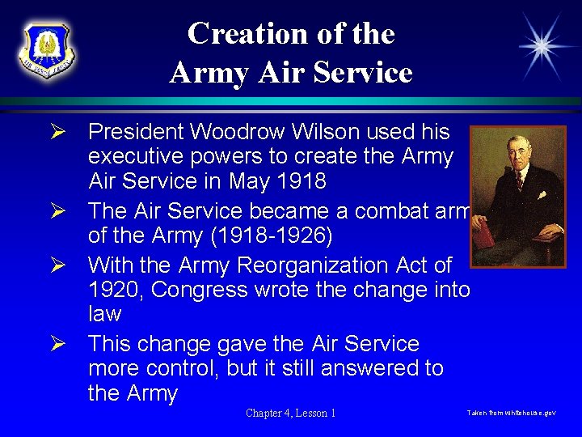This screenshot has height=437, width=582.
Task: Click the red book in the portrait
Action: click(485, 240)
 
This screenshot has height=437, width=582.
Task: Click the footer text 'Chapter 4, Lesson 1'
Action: click(291, 413)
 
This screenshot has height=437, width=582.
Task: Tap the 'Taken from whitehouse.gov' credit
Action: click(511, 413)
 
